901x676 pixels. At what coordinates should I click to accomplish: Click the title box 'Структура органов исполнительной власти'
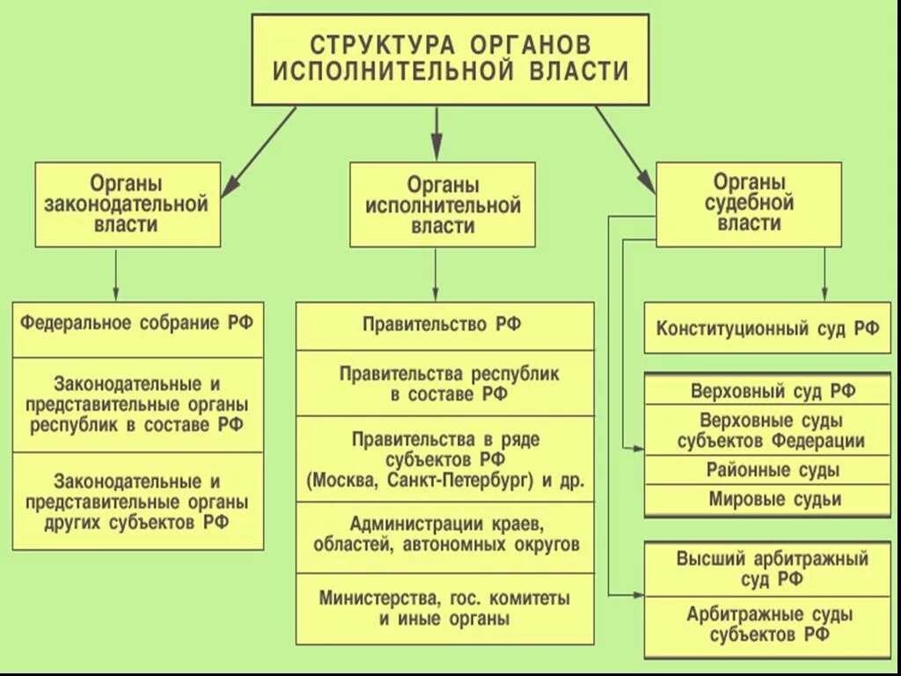click(450, 58)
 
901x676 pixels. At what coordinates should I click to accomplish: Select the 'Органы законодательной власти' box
click(127, 204)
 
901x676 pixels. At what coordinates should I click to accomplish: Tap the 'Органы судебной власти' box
click(748, 203)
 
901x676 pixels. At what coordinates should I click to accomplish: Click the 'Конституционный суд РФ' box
click(767, 329)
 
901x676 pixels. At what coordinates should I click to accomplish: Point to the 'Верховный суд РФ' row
click(767, 391)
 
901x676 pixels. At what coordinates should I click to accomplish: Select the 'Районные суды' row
click(767, 470)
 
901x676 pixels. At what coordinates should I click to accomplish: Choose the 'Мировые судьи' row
click(767, 500)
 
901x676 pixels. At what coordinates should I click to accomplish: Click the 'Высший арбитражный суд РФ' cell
click(767, 569)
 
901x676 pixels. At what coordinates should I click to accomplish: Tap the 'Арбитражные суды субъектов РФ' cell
click(767, 625)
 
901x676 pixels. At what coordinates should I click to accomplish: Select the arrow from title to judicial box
click(626, 148)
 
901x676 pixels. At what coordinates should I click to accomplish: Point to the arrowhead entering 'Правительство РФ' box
click(435, 295)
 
